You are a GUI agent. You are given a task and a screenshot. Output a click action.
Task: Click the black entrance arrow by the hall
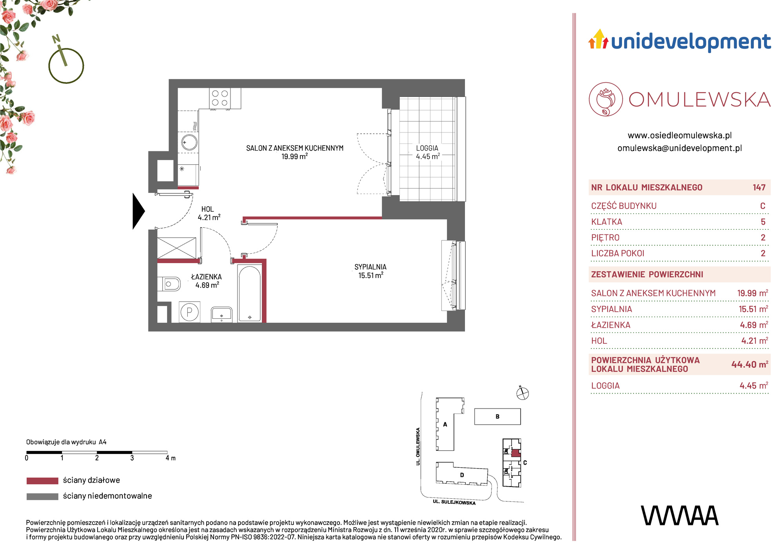coord(138,211)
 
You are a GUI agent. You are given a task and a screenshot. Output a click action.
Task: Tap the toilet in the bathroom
coord(169,284)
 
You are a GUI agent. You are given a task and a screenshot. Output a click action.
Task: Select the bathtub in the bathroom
coord(249,293)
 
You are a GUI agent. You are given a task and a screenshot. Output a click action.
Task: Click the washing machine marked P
coord(190,312)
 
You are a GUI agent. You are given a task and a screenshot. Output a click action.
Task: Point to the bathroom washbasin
coord(221,314)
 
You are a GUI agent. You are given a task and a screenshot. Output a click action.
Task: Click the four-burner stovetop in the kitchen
coord(220,98)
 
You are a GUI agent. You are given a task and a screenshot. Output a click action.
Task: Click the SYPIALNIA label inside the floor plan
coord(370,267)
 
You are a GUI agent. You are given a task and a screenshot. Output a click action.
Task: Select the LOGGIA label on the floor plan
coord(427,148)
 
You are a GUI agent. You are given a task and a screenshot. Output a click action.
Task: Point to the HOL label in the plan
coord(207,209)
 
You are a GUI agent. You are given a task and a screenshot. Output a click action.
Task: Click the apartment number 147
coord(759,187)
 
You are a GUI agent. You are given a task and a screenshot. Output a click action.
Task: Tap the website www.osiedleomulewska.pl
coord(680,135)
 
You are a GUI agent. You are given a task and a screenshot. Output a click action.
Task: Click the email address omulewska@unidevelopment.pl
coord(680,148)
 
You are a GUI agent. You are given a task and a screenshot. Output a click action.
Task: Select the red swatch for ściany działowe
coord(42,481)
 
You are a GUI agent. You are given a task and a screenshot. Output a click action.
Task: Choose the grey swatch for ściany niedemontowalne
coord(42,496)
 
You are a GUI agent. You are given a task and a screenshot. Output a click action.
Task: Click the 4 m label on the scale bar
coord(171,458)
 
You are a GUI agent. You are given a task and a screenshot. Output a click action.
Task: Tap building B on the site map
coord(497,416)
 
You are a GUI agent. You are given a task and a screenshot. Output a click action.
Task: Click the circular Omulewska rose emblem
coord(606,99)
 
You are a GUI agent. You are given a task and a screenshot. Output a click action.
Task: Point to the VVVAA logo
coord(680,516)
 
